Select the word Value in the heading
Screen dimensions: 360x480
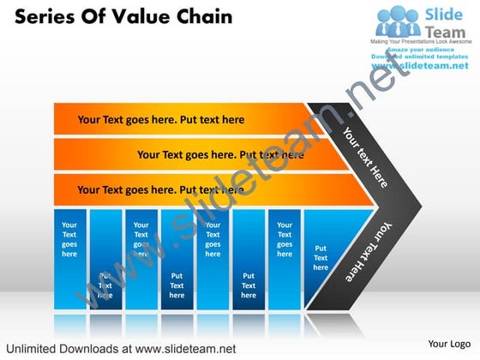point(138,17)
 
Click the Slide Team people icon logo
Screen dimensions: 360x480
point(396,21)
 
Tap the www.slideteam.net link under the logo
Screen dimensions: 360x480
point(420,66)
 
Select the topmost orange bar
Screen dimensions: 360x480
point(180,119)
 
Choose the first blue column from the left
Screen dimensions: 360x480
point(69,257)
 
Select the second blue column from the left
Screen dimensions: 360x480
point(105,257)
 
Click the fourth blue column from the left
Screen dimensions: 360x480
point(177,257)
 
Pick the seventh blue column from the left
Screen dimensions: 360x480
point(285,257)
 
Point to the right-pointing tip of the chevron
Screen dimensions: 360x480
point(417,206)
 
